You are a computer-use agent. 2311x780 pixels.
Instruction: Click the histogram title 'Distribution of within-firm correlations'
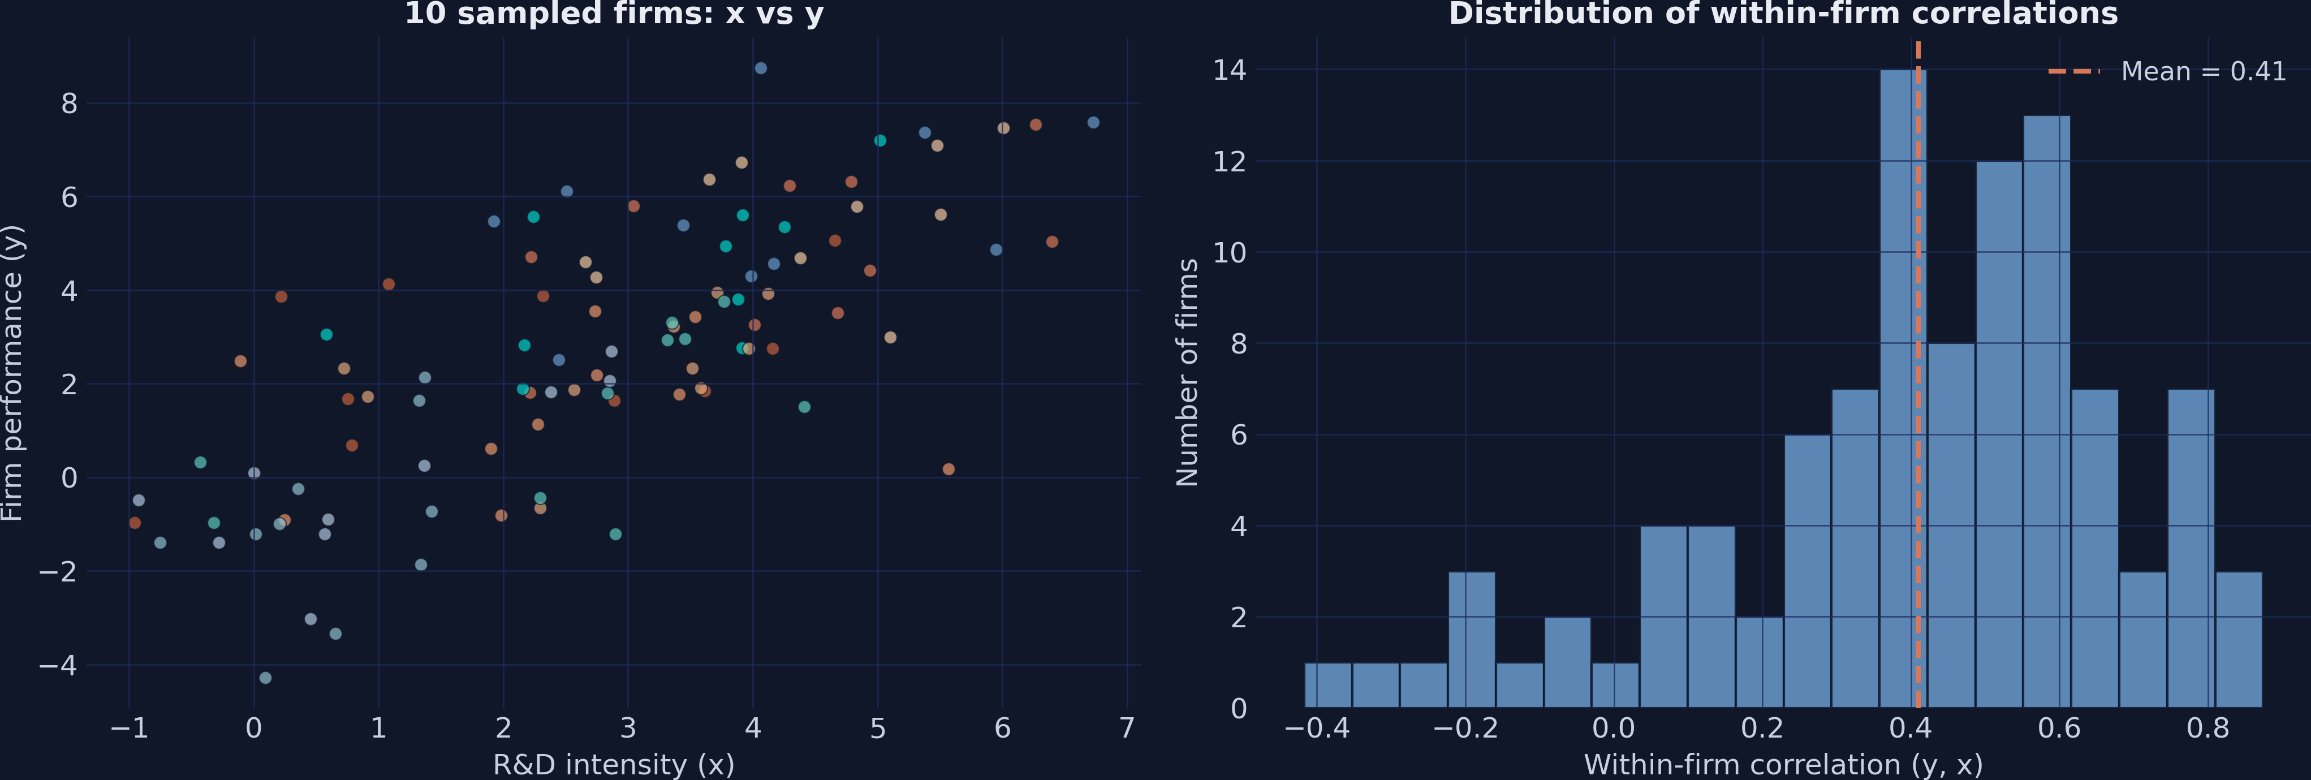[x=1783, y=14]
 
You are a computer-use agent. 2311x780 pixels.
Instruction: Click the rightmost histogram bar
[x=2239, y=639]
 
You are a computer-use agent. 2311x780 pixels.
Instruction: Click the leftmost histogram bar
[x=1328, y=685]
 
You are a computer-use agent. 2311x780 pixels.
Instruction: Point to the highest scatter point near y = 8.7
[x=761, y=68]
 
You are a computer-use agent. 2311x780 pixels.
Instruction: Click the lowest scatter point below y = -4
[x=266, y=678]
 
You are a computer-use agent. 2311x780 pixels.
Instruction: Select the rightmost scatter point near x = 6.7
[x=1093, y=123]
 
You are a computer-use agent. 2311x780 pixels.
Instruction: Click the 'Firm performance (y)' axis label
[x=12, y=373]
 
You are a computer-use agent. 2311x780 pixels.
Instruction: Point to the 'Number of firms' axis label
[x=1187, y=373]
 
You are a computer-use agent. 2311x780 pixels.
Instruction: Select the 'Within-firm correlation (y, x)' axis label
[x=1783, y=764]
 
